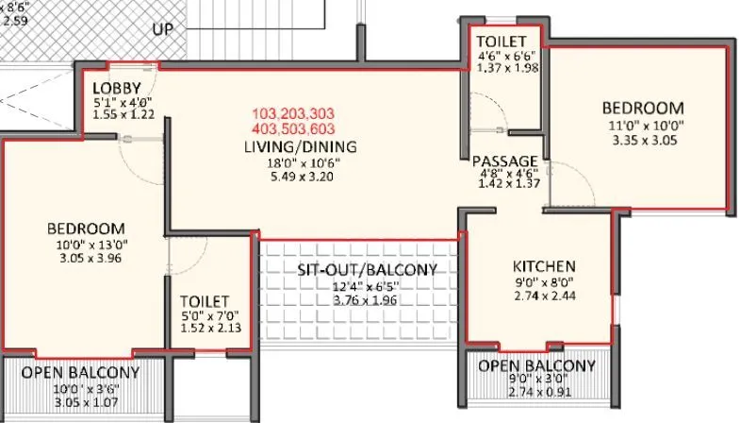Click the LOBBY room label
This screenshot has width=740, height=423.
pos(117,87)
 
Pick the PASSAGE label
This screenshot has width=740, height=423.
pos(504,161)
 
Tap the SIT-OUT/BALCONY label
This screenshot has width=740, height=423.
pos(367,270)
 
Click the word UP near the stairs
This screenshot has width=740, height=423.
pos(162,29)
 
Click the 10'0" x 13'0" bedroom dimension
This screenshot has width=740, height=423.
pos(86,245)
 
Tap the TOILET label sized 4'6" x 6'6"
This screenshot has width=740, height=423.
pos(502,42)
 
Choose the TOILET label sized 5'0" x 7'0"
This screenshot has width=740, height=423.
pos(204,302)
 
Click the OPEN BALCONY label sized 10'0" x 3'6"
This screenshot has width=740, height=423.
pos(80,372)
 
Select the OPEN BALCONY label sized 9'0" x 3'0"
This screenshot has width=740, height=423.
pos(536,365)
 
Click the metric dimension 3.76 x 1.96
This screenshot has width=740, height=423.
pos(367,300)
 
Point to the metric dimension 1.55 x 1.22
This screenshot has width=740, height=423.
pos(124,113)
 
